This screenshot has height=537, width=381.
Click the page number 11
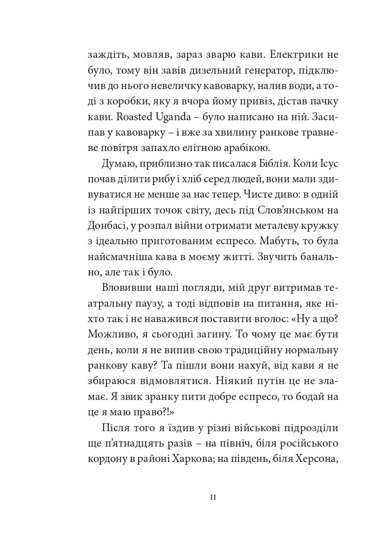tap(213, 498)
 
